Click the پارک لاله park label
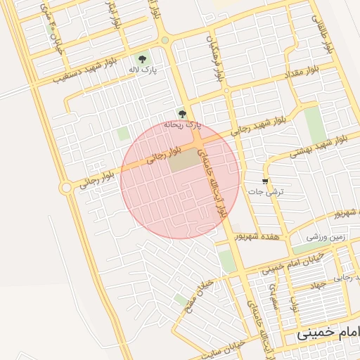143,70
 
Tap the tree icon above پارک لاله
143,59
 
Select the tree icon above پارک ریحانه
182,112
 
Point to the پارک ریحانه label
183,124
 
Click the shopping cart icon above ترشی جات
265,180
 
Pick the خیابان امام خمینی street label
294,264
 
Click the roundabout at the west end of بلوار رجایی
66,187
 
